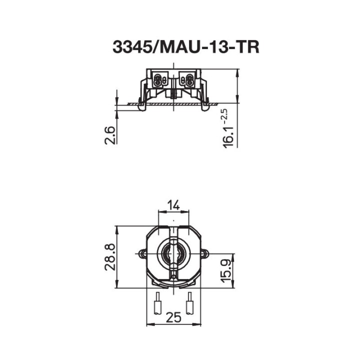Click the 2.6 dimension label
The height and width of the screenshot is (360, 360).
110,135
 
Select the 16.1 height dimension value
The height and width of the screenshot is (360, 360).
228,136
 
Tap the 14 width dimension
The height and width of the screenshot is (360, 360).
173,204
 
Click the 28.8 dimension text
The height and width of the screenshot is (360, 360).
110,257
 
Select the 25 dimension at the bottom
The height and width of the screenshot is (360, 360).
173,317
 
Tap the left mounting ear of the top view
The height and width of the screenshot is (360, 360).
142,254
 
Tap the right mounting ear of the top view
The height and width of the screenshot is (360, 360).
204,254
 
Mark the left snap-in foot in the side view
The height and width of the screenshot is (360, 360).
142,105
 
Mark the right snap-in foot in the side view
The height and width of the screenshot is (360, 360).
205,105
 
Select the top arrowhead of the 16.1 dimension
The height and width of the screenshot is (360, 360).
237,72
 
